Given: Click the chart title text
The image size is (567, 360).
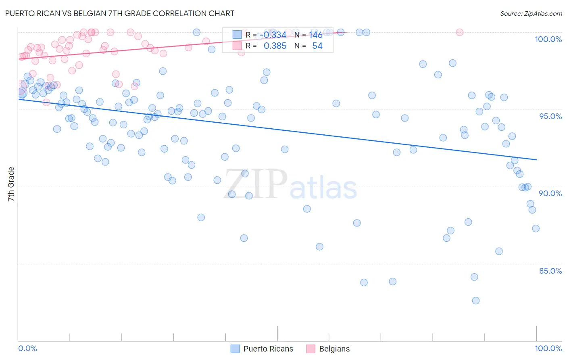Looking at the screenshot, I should click(120, 13).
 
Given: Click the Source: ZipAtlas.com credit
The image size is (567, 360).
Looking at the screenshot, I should click(531, 14).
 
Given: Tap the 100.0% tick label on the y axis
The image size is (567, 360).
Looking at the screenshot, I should click(548, 39).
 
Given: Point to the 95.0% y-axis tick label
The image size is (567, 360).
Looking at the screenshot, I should click(550, 116).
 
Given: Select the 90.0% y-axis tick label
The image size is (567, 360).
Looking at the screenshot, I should click(550, 193).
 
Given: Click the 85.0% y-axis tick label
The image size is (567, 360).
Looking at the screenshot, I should click(550, 271).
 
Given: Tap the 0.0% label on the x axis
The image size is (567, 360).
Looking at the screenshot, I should click(27, 348).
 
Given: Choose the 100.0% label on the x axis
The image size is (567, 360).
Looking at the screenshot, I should click(548, 348).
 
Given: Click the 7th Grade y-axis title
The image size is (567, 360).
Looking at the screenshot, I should click(11, 184).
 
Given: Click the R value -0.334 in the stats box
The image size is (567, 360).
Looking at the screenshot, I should click(273, 35).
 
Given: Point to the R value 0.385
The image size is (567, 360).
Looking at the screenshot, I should click(275, 46).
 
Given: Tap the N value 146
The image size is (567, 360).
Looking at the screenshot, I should click(316, 35).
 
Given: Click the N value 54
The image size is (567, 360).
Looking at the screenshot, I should click(317, 46).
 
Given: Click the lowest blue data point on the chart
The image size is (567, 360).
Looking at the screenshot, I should click(476, 301).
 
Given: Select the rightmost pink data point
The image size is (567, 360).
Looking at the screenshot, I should click(459, 32).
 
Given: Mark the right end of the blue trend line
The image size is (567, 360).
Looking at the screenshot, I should click(536, 160).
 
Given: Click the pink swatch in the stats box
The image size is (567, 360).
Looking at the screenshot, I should click(237, 46).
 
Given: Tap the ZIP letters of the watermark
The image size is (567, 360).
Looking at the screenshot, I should click(256, 184).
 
